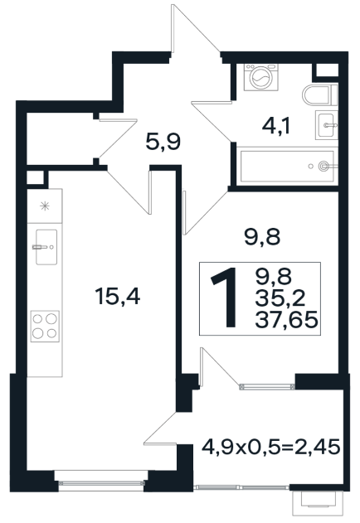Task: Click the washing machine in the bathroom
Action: (260, 77)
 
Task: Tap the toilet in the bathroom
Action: (320, 95)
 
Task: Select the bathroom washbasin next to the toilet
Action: (327, 125)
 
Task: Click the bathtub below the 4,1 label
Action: (287, 166)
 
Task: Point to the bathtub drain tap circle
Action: (323, 166)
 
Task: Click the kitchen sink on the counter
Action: (46, 247)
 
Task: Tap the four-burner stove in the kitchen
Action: (45, 326)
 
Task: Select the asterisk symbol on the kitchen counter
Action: (44, 206)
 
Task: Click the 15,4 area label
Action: (118, 296)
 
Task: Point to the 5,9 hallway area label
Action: (163, 142)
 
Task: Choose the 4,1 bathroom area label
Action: (276, 126)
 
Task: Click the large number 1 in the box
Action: (225, 298)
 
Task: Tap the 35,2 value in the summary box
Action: (280, 298)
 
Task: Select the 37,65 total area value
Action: (286, 320)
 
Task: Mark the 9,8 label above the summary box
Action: (262, 237)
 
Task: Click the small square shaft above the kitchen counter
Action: (35, 179)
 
